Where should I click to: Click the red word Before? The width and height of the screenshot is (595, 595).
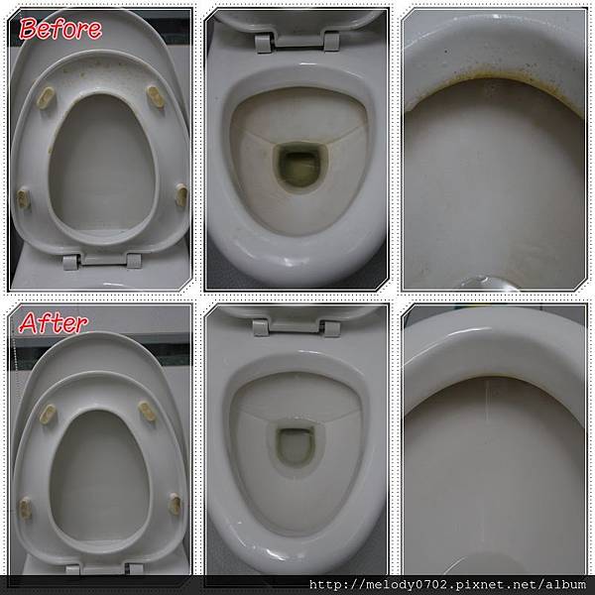[x=60, y=29]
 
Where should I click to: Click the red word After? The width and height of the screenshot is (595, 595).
[x=54, y=323]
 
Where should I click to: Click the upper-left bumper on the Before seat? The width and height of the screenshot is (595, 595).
[x=46, y=98]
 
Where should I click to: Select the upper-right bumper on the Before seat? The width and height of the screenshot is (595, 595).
[x=156, y=96]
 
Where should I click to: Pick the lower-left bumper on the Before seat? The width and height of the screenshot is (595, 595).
[x=24, y=198]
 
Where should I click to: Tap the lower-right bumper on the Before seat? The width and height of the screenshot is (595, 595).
[x=181, y=195]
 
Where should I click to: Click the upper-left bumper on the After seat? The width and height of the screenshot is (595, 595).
[x=48, y=414]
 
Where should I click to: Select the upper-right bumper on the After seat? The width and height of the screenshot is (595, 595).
[x=147, y=412]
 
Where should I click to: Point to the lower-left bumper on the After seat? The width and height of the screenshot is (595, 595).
[x=26, y=508]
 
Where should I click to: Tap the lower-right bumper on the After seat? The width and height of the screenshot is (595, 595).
[x=175, y=504]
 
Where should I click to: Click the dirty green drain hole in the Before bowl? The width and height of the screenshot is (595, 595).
[x=299, y=168]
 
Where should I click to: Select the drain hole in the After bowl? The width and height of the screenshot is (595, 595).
[x=296, y=446]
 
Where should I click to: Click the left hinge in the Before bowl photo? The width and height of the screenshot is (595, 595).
[x=264, y=43]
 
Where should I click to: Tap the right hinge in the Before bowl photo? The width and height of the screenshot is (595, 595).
[x=331, y=41]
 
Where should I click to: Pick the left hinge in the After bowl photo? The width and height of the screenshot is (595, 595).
[x=261, y=328]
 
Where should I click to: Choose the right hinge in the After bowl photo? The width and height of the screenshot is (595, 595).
[x=331, y=329]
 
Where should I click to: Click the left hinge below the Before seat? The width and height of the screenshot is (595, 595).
[x=70, y=262]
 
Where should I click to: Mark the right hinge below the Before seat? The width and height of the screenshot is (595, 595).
[x=134, y=261]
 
